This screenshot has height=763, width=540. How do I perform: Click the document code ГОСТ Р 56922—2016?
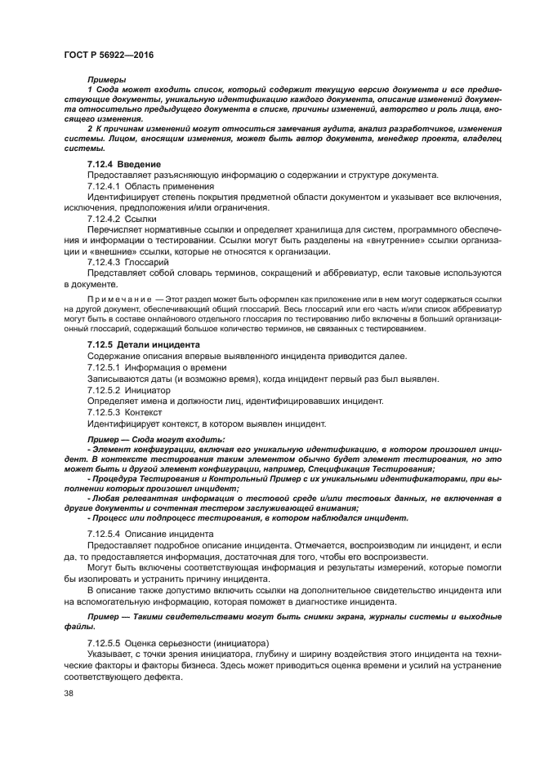click(109, 54)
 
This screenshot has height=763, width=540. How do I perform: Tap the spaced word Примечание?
click(120, 299)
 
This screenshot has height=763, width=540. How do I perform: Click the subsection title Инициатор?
click(148, 390)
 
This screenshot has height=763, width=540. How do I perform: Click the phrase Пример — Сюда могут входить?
click(156, 440)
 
